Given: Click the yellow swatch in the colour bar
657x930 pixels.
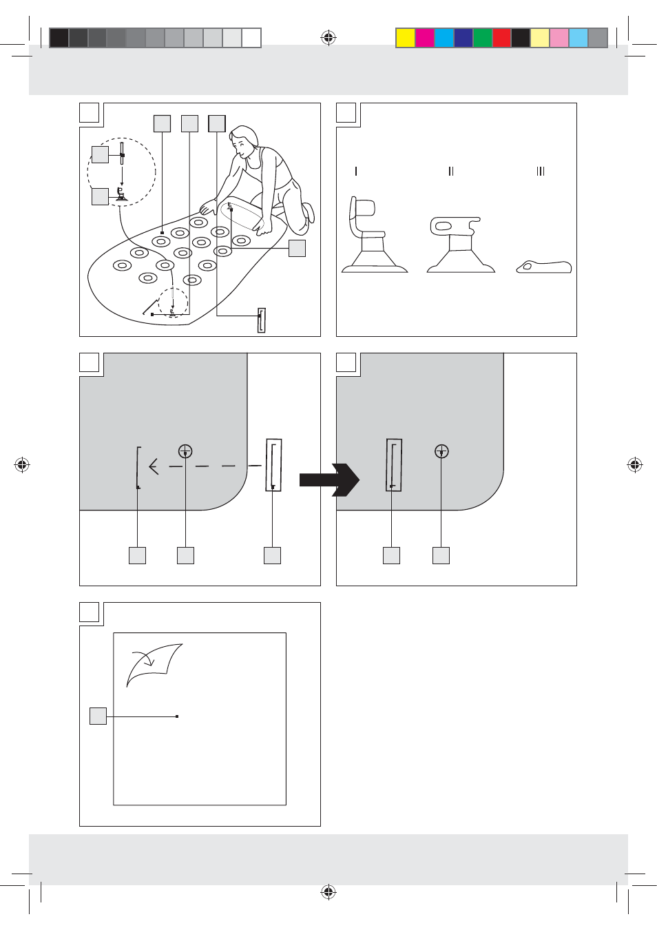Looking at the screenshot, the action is click(406, 38).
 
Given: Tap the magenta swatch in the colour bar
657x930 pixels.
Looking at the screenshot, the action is click(425, 38).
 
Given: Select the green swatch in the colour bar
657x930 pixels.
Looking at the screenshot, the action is click(483, 38).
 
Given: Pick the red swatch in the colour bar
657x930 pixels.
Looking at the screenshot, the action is click(502, 38).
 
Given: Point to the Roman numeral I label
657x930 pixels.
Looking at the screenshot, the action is click(356, 171).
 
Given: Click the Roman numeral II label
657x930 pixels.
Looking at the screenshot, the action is click(451, 171).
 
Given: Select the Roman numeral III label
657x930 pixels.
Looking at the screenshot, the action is click(541, 171).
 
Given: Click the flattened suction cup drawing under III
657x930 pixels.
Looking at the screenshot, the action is click(543, 267).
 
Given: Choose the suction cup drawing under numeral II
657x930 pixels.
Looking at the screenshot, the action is click(461, 245).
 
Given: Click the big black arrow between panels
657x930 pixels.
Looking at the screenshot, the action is click(330, 480).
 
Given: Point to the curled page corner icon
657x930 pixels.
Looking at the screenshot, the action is click(154, 665).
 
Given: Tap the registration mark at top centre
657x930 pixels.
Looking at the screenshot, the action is click(328, 38).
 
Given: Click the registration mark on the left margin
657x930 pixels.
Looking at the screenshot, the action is click(22, 464).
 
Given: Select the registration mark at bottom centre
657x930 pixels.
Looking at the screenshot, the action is click(328, 891).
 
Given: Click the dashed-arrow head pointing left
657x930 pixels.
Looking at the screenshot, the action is click(154, 466).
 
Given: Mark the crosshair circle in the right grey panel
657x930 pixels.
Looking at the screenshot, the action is click(441, 451).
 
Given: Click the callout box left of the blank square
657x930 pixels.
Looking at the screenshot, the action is click(98, 716).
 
